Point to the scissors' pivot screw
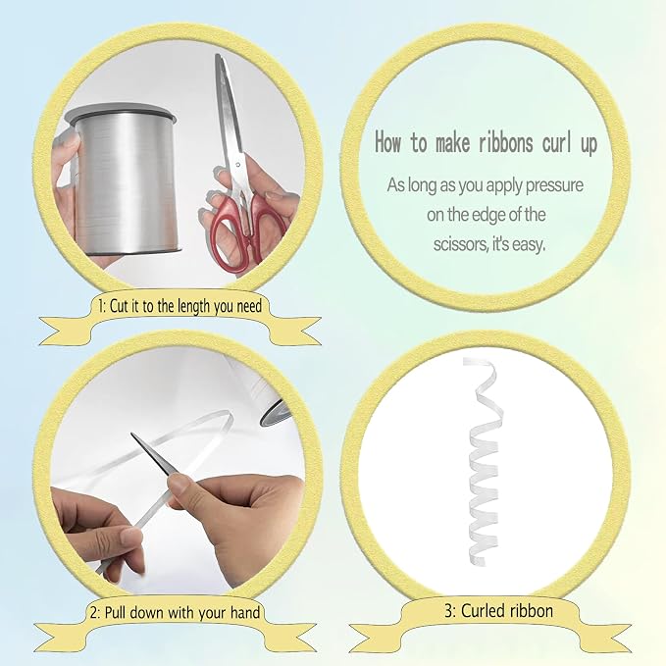237,165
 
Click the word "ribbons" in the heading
505,142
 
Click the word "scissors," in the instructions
460,244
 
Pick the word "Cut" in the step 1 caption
118,306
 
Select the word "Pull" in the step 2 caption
115,613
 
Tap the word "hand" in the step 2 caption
245,613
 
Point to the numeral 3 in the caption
449,611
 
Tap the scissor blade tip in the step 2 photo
132,435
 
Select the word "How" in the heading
387,142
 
